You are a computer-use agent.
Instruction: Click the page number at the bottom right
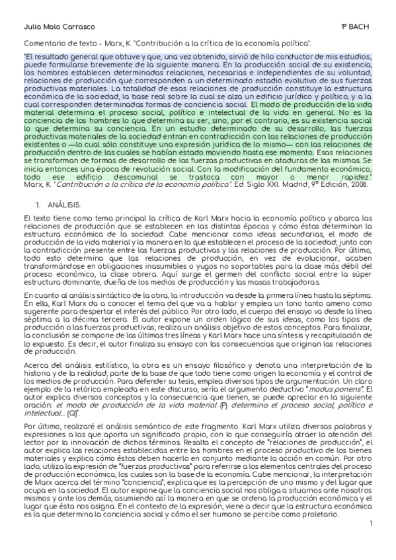click(x=372, y=543)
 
